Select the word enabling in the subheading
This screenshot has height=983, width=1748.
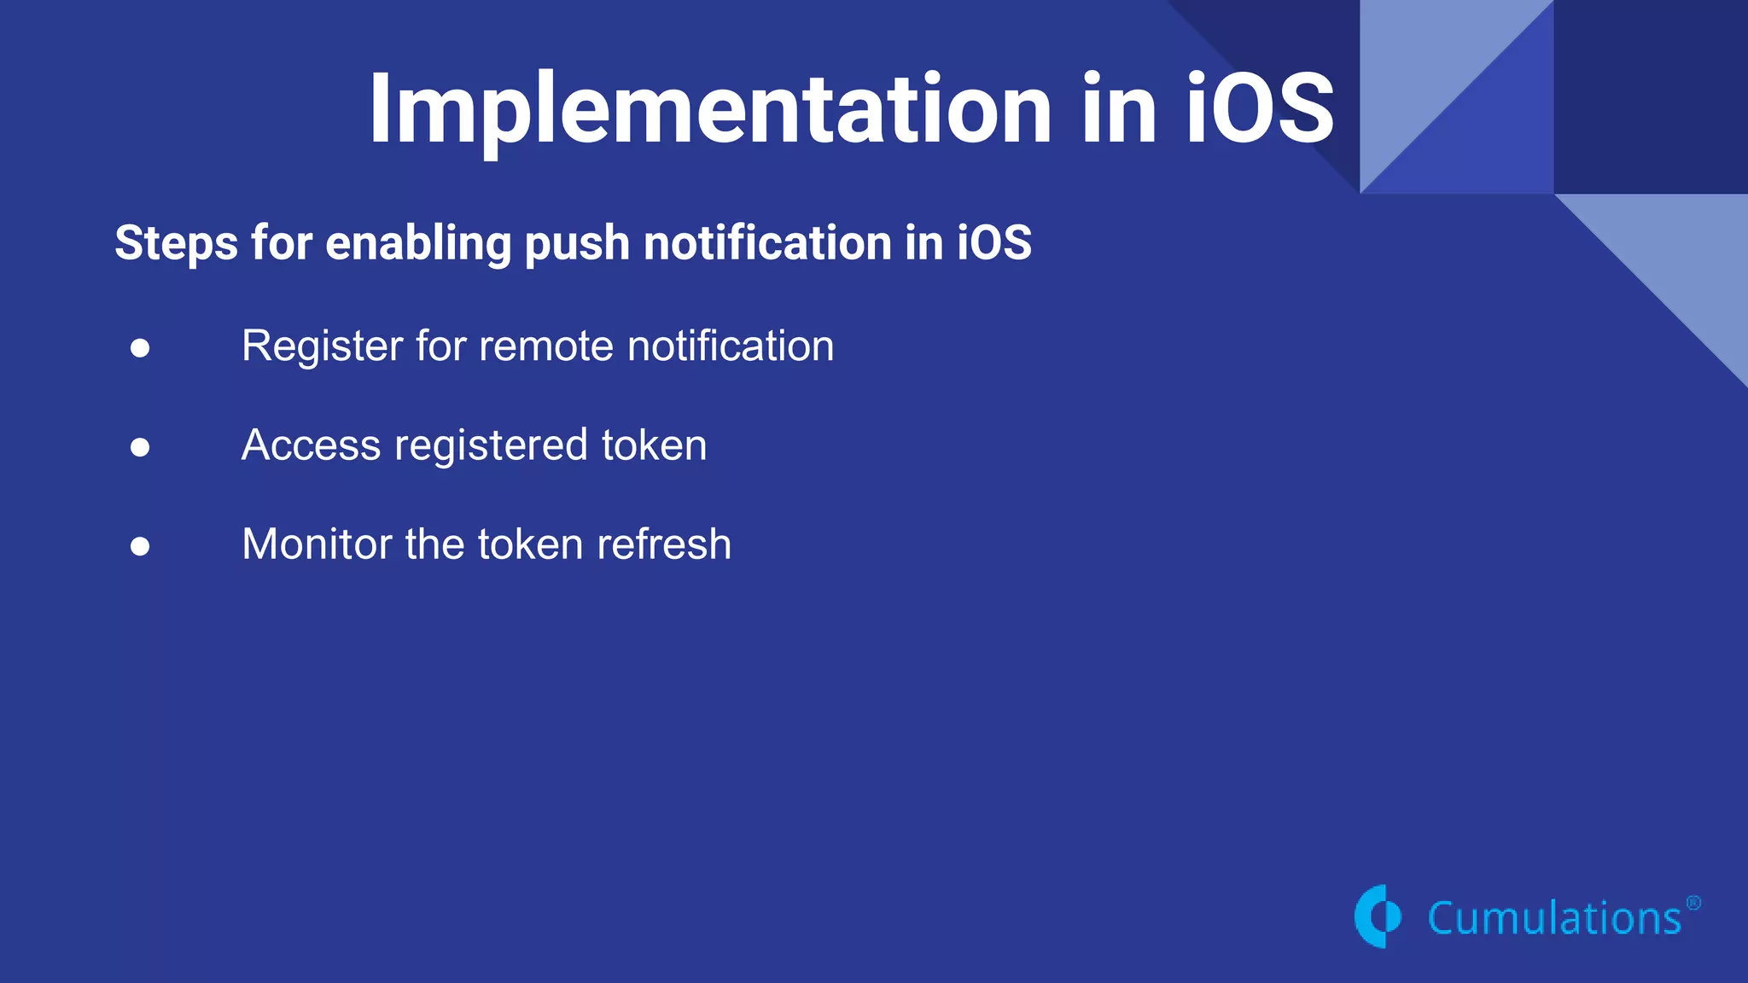tap(418, 243)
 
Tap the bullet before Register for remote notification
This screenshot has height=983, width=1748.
tap(141, 347)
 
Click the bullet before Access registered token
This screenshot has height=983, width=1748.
tap(141, 446)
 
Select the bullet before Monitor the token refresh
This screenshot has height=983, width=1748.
tap(141, 545)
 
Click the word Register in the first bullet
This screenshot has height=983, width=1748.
tap(322, 347)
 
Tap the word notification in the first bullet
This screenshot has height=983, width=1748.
tap(731, 346)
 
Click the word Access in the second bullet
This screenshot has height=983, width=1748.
tap(311, 445)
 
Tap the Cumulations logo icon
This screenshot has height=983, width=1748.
tap(1378, 916)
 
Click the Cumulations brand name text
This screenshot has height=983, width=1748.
tap(1553, 919)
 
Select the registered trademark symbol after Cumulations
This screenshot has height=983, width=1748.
tap(1693, 903)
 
